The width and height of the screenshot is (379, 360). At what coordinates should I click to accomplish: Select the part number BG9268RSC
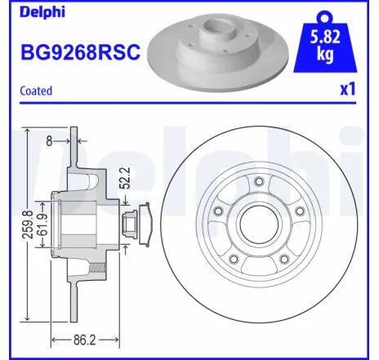(80, 51)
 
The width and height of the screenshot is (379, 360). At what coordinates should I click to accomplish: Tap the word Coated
(36, 91)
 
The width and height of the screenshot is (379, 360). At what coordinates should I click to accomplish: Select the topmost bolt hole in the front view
(258, 181)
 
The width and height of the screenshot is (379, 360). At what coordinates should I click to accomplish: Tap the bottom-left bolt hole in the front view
(234, 260)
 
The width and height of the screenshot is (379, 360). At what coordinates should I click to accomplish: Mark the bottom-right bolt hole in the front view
(284, 259)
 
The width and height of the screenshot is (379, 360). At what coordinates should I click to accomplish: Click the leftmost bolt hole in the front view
(218, 212)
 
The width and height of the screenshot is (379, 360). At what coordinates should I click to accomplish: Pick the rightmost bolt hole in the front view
(299, 212)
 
